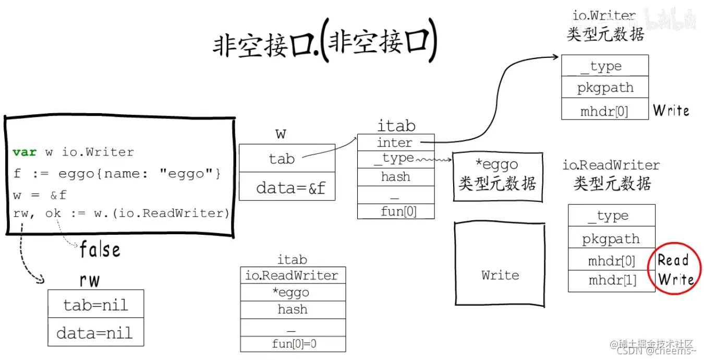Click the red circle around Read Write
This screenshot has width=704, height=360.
point(674,269)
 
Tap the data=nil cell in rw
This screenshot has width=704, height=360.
point(95,332)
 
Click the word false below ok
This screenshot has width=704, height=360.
point(100,250)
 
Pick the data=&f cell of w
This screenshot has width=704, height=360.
point(287,187)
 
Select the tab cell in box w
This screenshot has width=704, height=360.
point(287,158)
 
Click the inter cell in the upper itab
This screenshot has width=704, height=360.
point(395,142)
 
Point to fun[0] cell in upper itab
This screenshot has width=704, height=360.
point(395,211)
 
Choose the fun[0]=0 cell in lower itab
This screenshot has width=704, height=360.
point(293,344)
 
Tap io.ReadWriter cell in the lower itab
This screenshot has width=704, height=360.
point(293,275)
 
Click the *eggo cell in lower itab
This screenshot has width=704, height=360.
point(293,293)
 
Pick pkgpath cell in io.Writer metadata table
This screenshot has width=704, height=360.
point(605,88)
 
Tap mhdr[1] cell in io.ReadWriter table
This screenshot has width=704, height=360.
point(612,281)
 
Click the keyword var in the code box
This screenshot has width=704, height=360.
point(25,152)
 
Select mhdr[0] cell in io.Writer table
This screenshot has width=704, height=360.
point(605,110)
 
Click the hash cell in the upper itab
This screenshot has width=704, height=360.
point(395,177)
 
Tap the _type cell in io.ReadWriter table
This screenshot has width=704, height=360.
point(612,215)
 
